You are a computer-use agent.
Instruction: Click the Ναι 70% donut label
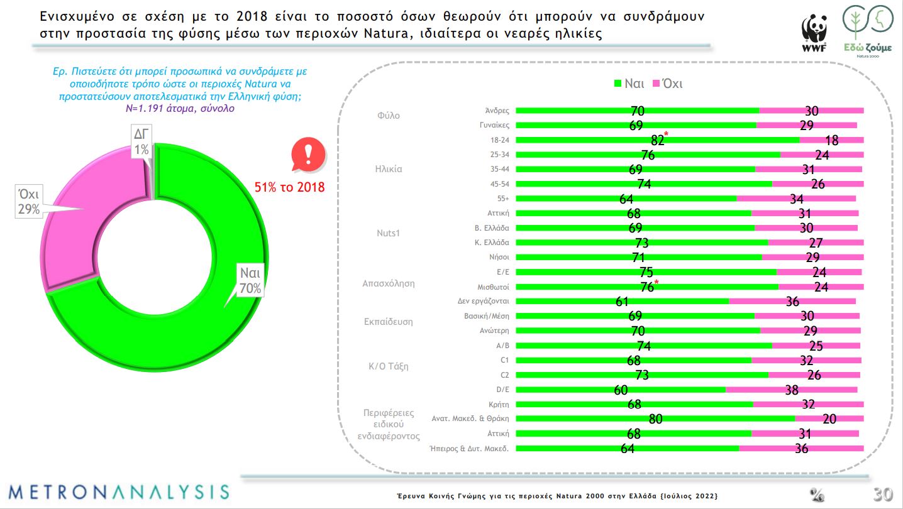pyautogui.click(x=249, y=280)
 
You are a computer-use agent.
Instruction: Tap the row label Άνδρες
pyautogui.click(x=497, y=111)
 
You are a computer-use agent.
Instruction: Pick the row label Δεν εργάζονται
pyautogui.click(x=483, y=301)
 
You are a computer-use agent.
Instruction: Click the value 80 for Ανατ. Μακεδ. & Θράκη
pyautogui.click(x=655, y=419)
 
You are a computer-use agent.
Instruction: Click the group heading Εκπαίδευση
pyautogui.click(x=389, y=321)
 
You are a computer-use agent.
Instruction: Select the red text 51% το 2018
pyautogui.click(x=289, y=187)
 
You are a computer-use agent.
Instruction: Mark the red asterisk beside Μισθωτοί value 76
pyautogui.click(x=656, y=283)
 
